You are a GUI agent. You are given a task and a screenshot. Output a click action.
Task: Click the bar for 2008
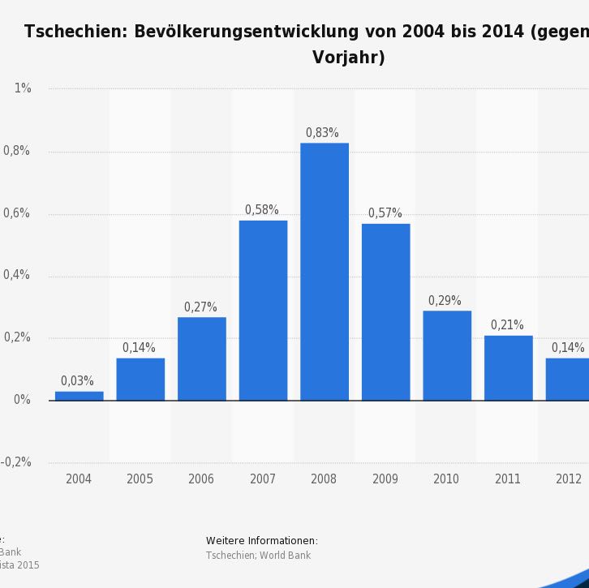[x=325, y=272]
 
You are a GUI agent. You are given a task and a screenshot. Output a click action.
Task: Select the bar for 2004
[x=80, y=396]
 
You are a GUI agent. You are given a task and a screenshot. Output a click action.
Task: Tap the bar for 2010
[x=447, y=355]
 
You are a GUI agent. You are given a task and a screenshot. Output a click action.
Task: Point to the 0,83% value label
[x=322, y=133]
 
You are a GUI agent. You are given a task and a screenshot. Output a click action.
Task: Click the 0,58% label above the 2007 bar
[x=262, y=210]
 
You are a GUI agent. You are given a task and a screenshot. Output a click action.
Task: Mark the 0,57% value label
[x=385, y=213]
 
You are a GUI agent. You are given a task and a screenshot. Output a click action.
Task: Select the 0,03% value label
[x=77, y=381]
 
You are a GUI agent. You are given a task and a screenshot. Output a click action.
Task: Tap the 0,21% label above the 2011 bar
[x=507, y=325]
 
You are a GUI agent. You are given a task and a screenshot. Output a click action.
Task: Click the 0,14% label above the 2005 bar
[x=139, y=348]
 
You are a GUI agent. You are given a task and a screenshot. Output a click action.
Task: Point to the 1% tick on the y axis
[x=23, y=88]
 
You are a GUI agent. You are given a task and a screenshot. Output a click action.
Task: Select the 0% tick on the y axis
[x=22, y=400]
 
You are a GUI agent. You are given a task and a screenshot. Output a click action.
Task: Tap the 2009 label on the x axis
[x=385, y=479]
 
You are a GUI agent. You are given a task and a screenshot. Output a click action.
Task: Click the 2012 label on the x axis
[x=569, y=479]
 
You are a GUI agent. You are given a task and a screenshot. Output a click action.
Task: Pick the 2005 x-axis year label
[x=140, y=479]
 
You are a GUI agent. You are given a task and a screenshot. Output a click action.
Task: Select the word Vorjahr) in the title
[x=348, y=58]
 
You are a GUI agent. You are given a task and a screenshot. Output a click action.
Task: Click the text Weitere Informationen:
[x=262, y=541]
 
